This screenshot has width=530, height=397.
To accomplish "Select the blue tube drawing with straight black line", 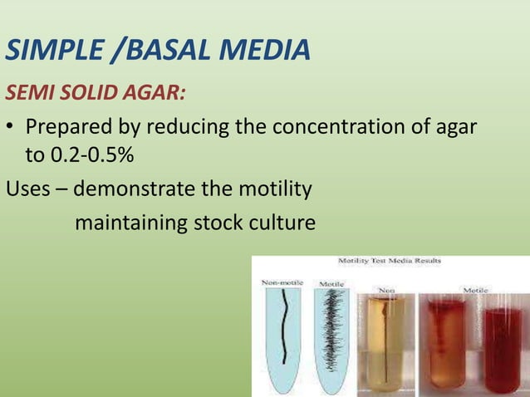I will pyautogui.click(x=283, y=332).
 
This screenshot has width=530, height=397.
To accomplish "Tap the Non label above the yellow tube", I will pyautogui.click(x=386, y=290).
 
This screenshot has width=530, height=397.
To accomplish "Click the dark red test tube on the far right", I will pyautogui.click(x=505, y=349).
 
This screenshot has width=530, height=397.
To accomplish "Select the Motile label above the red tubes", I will pyautogui.click(x=475, y=290).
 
